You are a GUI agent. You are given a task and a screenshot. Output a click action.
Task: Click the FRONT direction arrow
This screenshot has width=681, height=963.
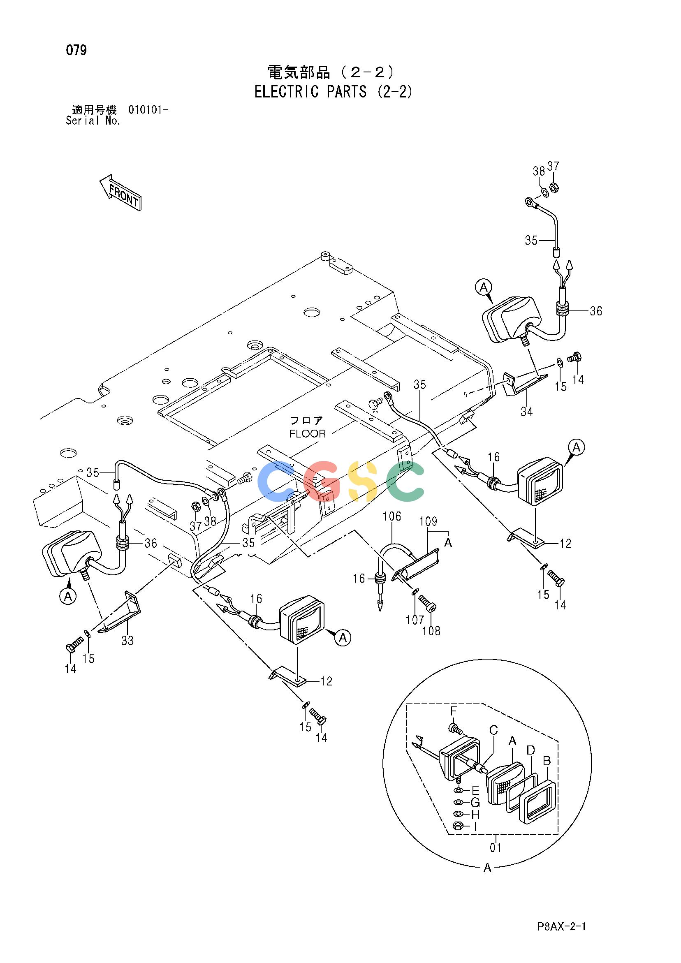tap(120, 192)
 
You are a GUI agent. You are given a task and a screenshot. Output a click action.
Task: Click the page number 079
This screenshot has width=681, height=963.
tap(76, 50)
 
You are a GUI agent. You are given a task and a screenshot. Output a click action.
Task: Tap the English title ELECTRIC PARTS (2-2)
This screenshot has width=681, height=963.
tap(333, 91)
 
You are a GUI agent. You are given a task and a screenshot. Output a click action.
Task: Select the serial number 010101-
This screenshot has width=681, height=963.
tap(148, 110)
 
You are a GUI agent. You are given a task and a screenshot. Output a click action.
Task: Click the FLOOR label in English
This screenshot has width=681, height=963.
tap(308, 434)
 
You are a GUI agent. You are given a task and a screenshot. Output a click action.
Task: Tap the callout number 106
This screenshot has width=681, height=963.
tap(392, 516)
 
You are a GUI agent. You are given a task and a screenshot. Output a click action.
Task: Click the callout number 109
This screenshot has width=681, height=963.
tap(428, 521)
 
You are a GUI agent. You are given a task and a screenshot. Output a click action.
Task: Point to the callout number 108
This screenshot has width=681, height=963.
tap(431, 631)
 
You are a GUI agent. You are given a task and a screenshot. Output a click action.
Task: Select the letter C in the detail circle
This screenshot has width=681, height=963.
tap(493, 731)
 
